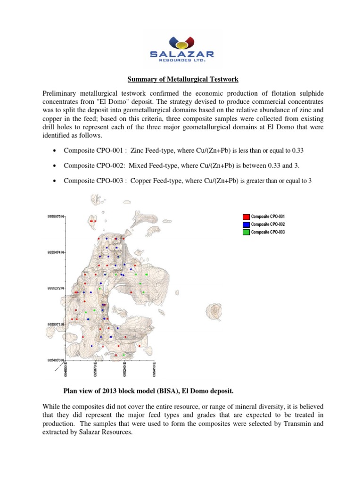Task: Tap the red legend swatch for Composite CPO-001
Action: tap(246, 217)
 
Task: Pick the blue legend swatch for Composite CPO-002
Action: tap(246, 225)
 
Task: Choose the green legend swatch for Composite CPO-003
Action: tap(246, 232)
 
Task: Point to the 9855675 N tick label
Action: tap(58, 216)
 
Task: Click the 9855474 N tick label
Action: tap(58, 252)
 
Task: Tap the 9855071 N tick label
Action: tap(58, 324)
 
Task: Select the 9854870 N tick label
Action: tap(58, 360)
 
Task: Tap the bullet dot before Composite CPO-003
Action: tap(56, 182)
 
